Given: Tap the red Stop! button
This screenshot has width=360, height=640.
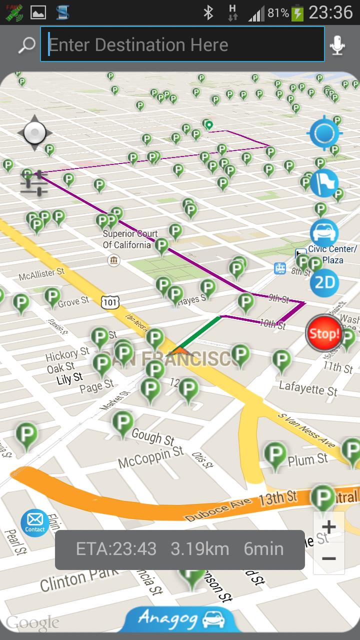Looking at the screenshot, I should (324, 333).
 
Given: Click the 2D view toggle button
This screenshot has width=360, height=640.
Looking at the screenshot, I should (324, 283).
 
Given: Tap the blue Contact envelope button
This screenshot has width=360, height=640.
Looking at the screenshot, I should (35, 522).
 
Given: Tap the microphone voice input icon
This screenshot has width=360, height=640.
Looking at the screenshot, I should (337, 45).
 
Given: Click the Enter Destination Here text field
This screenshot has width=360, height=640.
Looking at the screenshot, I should (182, 44).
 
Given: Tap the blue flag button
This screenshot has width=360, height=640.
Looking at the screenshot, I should (324, 183).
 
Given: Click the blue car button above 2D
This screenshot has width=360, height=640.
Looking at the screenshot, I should (324, 232).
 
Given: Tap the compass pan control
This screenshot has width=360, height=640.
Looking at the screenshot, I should (34, 133).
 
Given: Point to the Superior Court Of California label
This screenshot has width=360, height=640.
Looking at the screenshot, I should (130, 239).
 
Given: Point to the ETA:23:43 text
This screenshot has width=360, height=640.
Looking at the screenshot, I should (116, 549).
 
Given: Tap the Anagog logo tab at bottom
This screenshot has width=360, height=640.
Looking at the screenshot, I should (180, 619).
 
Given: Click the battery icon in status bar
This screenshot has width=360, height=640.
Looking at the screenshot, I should (297, 12).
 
